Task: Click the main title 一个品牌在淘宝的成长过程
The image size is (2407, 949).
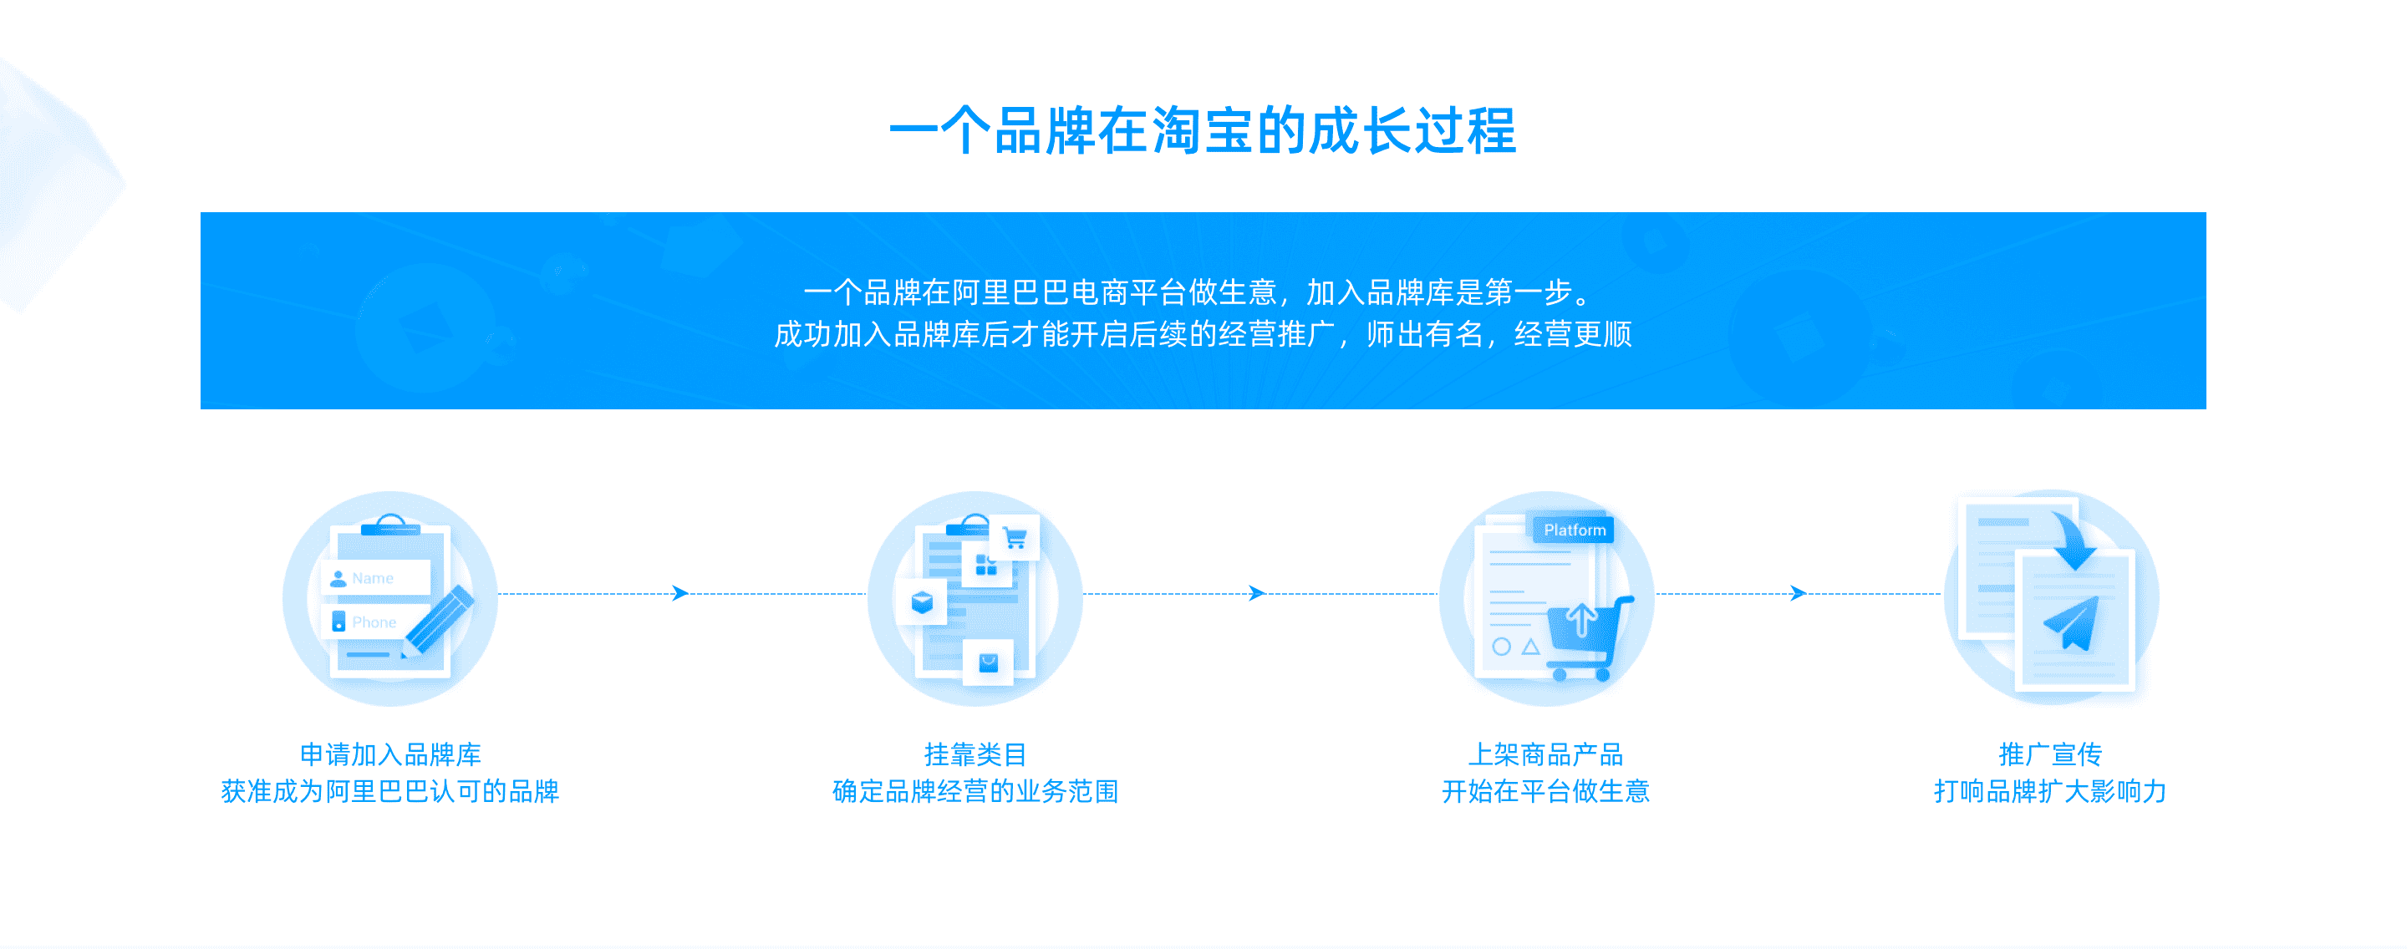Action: (1203, 131)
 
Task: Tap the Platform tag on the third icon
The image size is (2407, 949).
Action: (1574, 530)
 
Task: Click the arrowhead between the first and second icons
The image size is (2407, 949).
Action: (680, 593)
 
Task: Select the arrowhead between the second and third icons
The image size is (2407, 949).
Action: (1257, 593)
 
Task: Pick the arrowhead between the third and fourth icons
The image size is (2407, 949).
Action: (1797, 593)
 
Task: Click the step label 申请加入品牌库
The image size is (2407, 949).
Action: (389, 754)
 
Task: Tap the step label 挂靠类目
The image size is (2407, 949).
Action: (975, 754)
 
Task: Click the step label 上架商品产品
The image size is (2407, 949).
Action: (1545, 754)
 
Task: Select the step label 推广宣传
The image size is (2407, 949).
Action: (2050, 754)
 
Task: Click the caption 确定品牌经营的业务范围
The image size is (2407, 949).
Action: (975, 791)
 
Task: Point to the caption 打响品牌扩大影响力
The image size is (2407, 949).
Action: (2050, 791)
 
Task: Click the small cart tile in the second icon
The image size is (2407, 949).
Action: (1015, 538)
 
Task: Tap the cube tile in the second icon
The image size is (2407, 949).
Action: (921, 602)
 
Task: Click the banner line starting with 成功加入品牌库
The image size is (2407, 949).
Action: (1203, 333)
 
